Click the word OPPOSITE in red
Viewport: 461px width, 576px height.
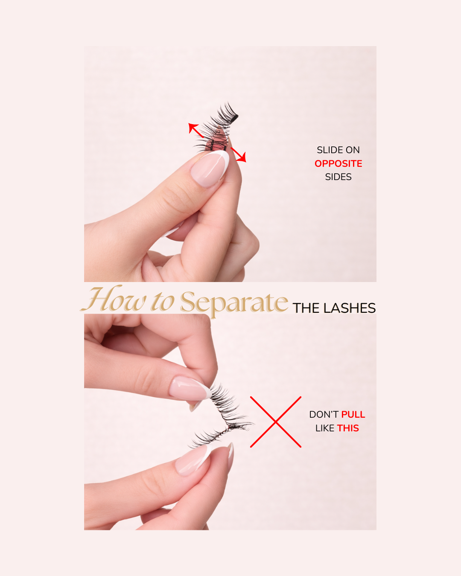[x=338, y=163]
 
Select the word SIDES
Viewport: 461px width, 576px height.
[x=338, y=177]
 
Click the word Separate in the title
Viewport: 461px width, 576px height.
[x=234, y=303]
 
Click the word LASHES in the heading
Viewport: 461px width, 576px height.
[x=349, y=308]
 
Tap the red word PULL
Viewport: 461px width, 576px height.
[x=353, y=415]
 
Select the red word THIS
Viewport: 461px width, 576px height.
[x=348, y=428]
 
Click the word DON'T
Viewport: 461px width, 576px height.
[x=324, y=415]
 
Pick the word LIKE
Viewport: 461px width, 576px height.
[x=325, y=428]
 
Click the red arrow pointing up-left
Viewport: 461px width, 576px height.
[x=196, y=131]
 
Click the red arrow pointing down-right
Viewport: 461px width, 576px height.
[x=238, y=154]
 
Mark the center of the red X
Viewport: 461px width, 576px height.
[x=276, y=422]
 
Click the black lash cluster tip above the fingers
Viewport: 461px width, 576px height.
[x=234, y=118]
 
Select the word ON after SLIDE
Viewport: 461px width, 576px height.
[x=353, y=150]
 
